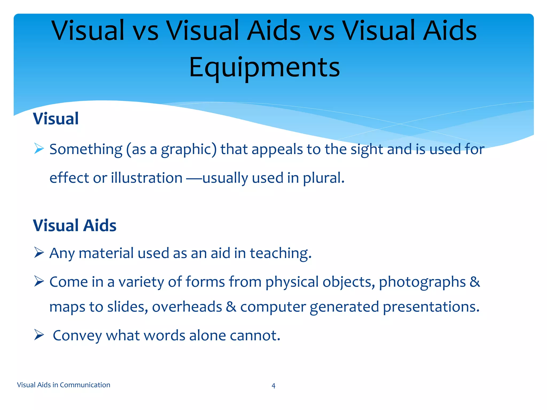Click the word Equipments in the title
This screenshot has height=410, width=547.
[264, 67]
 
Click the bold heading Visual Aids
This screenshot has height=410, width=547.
[75, 225]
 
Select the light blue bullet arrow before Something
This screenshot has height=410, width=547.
[39, 148]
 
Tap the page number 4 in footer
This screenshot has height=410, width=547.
[273, 385]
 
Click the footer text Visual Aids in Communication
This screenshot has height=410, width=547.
[64, 385]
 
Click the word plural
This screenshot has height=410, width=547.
[323, 178]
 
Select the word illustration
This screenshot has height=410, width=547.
[147, 178]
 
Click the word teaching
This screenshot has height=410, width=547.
[280, 253]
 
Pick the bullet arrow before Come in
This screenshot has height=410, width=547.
[39, 281]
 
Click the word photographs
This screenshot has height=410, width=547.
[422, 282]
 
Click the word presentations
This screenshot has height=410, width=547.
[431, 307]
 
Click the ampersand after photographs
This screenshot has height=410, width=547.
[475, 282]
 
